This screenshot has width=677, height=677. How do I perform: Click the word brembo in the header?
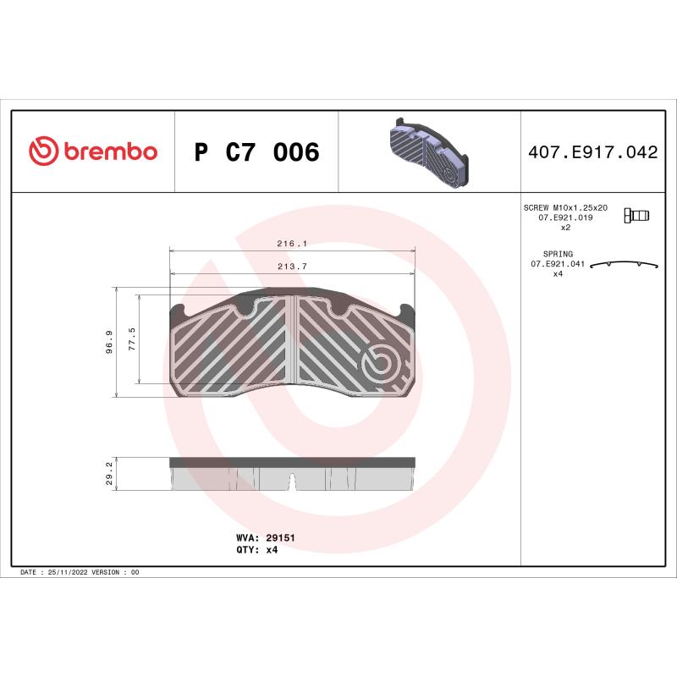(110, 152)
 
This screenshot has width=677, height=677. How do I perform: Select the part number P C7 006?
(256, 153)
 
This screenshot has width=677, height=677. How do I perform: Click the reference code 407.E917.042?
(592, 153)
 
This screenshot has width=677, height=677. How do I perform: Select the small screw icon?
(636, 215)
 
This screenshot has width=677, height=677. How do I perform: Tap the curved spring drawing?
(625, 264)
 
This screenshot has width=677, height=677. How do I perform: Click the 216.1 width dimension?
(292, 244)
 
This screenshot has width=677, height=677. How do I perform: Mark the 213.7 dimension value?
(292, 267)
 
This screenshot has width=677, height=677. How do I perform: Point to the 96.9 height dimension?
(109, 342)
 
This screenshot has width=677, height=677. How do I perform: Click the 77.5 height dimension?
(131, 338)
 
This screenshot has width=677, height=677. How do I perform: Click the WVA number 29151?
(280, 537)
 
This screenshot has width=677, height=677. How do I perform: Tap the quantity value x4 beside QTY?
(272, 549)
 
